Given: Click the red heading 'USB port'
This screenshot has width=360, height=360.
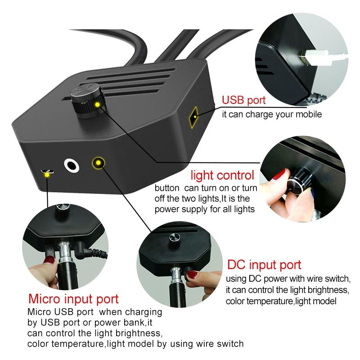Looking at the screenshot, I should [244, 100].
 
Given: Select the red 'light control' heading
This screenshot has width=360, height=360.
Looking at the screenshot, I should [222, 175].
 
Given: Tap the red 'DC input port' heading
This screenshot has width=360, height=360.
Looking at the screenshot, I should [264, 264].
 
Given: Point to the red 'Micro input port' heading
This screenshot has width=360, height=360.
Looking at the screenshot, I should [73, 298].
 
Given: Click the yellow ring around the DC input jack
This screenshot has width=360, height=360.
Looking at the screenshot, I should [99, 162].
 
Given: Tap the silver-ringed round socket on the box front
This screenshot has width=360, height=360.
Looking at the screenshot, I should [72, 166].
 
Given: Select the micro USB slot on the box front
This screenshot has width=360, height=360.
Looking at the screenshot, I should [47, 172].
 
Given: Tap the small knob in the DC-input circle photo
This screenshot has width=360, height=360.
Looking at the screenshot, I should [174, 238].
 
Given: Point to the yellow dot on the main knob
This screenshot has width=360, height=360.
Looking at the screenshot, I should [97, 105].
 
